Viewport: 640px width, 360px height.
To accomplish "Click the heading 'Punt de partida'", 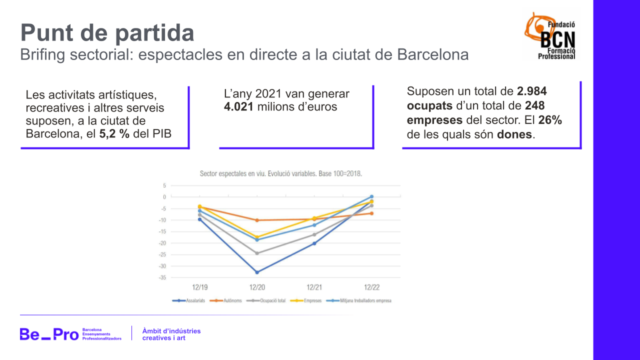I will pyautogui.click(x=107, y=33).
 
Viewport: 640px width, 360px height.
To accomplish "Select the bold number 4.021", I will pyautogui.click(x=238, y=107).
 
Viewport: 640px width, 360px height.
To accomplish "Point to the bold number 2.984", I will pyautogui.click(x=532, y=91).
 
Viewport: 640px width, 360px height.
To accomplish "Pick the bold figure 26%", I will pyautogui.click(x=550, y=120).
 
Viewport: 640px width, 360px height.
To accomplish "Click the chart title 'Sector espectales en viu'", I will pyautogui.click(x=280, y=174).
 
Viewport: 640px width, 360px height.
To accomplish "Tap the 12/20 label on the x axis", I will pyautogui.click(x=257, y=287).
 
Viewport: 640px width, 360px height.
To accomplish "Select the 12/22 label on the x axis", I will pyautogui.click(x=371, y=287).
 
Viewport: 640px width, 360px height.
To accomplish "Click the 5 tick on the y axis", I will pyautogui.click(x=164, y=185).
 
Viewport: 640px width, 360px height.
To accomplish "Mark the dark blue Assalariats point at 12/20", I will pyautogui.click(x=257, y=272).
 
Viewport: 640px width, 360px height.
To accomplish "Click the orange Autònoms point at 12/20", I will pyautogui.click(x=257, y=220).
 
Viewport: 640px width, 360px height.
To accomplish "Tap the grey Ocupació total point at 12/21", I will pyautogui.click(x=314, y=234).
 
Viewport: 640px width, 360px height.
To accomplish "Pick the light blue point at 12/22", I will pyautogui.click(x=371, y=196).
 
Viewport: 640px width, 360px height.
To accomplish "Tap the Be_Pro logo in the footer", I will pyautogui.click(x=49, y=334).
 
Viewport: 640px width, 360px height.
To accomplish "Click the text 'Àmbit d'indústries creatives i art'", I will pyautogui.click(x=171, y=334).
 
